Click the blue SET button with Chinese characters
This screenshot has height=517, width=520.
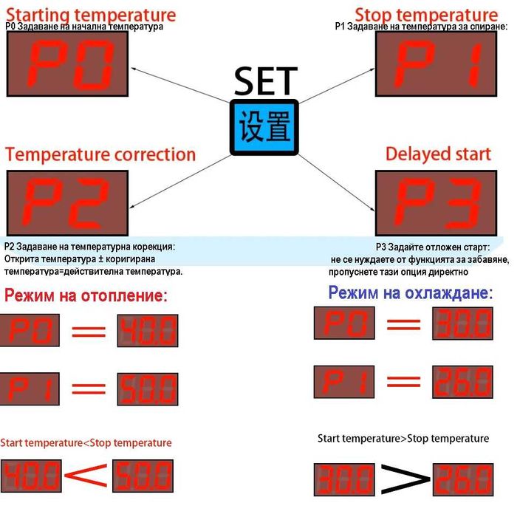tap(264, 127)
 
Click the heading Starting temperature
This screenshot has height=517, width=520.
tap(91, 14)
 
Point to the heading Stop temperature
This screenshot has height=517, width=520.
tap(426, 14)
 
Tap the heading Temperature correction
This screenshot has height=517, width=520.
tap(100, 154)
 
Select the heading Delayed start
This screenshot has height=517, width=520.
tap(438, 154)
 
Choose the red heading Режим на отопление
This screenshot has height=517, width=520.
tap(86, 296)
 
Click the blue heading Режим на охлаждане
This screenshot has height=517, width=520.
tap(411, 292)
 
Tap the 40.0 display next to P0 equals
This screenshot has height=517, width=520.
tap(148, 330)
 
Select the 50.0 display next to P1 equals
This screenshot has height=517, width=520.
tap(148, 388)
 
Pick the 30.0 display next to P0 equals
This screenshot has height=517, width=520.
tap(462, 323)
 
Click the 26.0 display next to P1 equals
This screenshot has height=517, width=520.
tap(462, 381)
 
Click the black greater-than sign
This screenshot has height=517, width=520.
tap(406, 481)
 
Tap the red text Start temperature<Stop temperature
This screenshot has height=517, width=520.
tap(86, 443)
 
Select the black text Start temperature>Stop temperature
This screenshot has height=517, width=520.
tap(403, 439)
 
